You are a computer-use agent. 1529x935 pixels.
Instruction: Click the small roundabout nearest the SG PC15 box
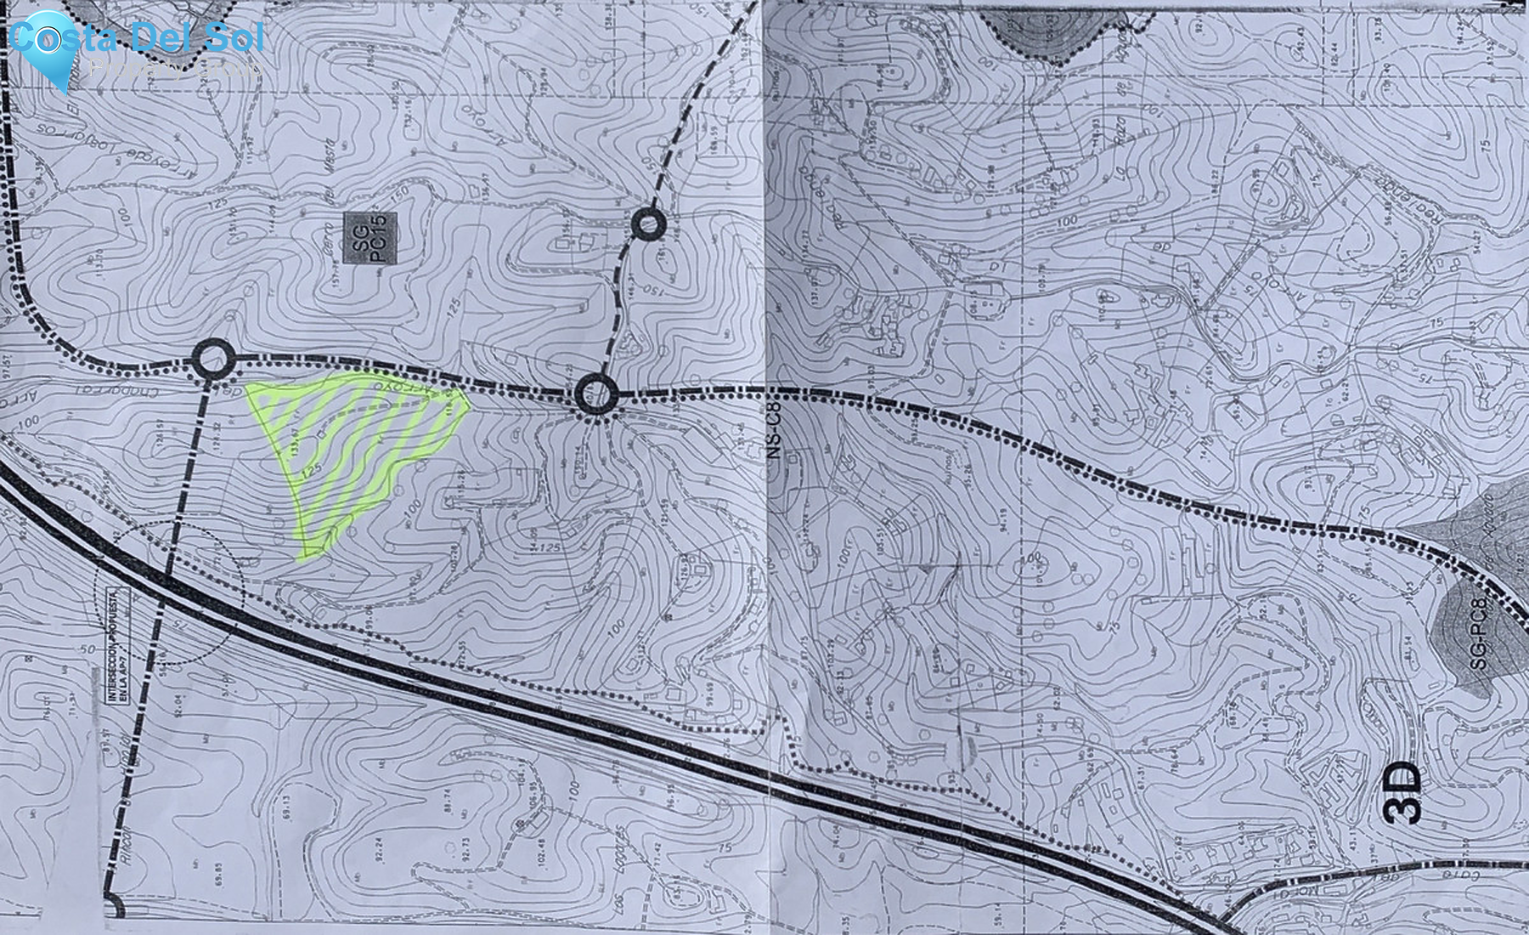(x=649, y=225)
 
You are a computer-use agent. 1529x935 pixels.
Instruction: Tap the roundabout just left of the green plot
(x=212, y=360)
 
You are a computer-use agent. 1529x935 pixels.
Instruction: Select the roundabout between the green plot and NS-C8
(x=595, y=394)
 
